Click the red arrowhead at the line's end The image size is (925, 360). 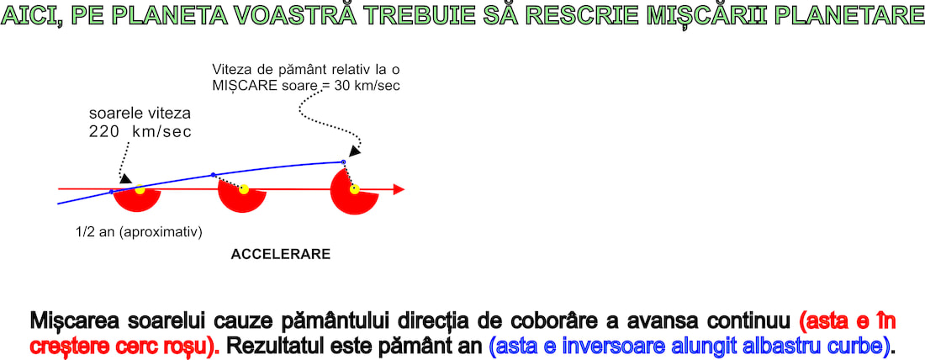coord(399,189)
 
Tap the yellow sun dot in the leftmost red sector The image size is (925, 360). coord(140,189)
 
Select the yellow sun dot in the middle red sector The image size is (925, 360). coord(244,189)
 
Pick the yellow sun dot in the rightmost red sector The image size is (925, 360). coord(355,189)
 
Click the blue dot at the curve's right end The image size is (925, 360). coord(343,161)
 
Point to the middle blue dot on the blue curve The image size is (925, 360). coord(214,175)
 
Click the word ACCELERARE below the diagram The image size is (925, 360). coord(280,255)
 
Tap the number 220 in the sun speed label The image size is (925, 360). coord(104,132)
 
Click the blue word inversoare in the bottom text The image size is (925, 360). coord(602,346)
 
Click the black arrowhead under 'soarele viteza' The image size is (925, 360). coord(125,178)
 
